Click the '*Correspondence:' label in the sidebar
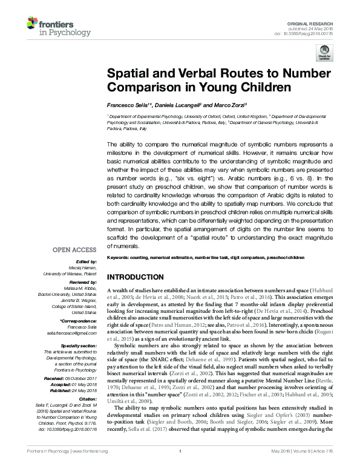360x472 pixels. (x=78, y=320)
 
